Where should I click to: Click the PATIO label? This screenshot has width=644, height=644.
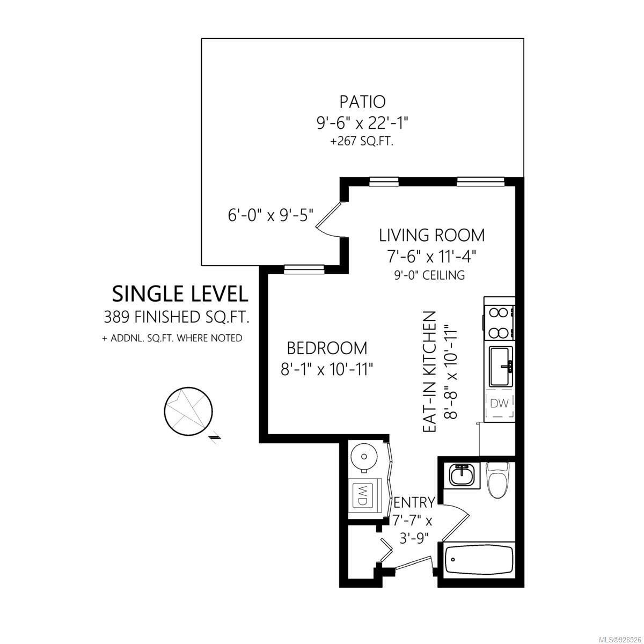tap(362, 101)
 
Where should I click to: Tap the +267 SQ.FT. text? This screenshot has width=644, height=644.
tap(362, 142)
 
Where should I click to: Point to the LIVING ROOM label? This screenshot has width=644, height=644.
tap(431, 235)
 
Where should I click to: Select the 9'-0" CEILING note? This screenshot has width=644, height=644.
tap(429, 275)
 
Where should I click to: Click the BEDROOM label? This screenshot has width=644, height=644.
tap(327, 348)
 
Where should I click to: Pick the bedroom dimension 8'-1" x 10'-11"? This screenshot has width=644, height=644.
tap(326, 370)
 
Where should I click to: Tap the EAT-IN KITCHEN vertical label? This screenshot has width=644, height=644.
tap(429, 371)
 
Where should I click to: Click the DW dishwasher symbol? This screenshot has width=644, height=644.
tap(499, 404)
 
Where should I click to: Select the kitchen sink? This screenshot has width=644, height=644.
tap(501, 367)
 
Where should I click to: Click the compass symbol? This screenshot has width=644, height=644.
tap(189, 412)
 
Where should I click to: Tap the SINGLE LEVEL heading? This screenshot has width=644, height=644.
tap(180, 294)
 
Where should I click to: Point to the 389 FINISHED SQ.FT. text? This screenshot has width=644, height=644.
tap(177, 317)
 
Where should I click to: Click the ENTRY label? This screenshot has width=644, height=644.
tap(415, 502)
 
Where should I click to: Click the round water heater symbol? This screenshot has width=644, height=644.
tap(364, 457)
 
